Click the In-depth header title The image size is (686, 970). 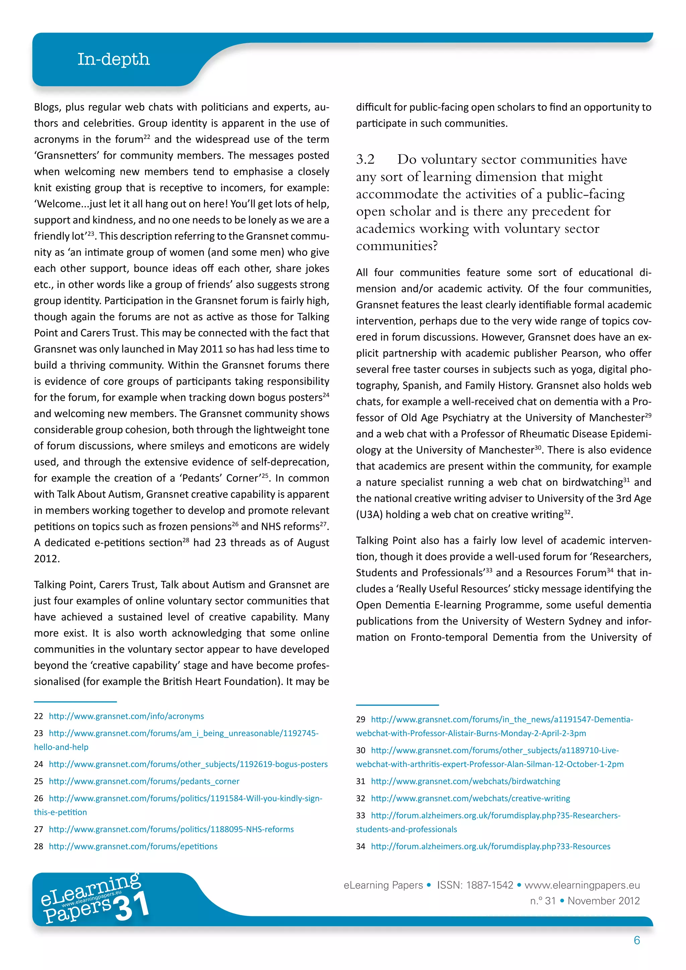point(113,59)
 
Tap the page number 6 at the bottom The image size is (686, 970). point(636,940)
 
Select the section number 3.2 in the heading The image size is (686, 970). point(365,159)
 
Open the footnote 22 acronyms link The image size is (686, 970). point(126,716)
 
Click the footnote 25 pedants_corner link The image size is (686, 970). point(144,781)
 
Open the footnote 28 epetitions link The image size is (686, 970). point(133,846)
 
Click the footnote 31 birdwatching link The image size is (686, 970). point(466,781)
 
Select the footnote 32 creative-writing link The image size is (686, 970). point(470,798)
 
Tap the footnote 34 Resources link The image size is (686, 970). point(490,846)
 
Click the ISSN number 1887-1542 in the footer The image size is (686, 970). point(490,885)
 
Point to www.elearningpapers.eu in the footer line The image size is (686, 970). point(582,885)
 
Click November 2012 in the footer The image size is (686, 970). point(604,901)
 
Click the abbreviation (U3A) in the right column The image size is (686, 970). point(369,514)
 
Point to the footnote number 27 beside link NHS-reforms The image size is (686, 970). point(39,829)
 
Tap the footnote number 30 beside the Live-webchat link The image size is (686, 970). point(360,750)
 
